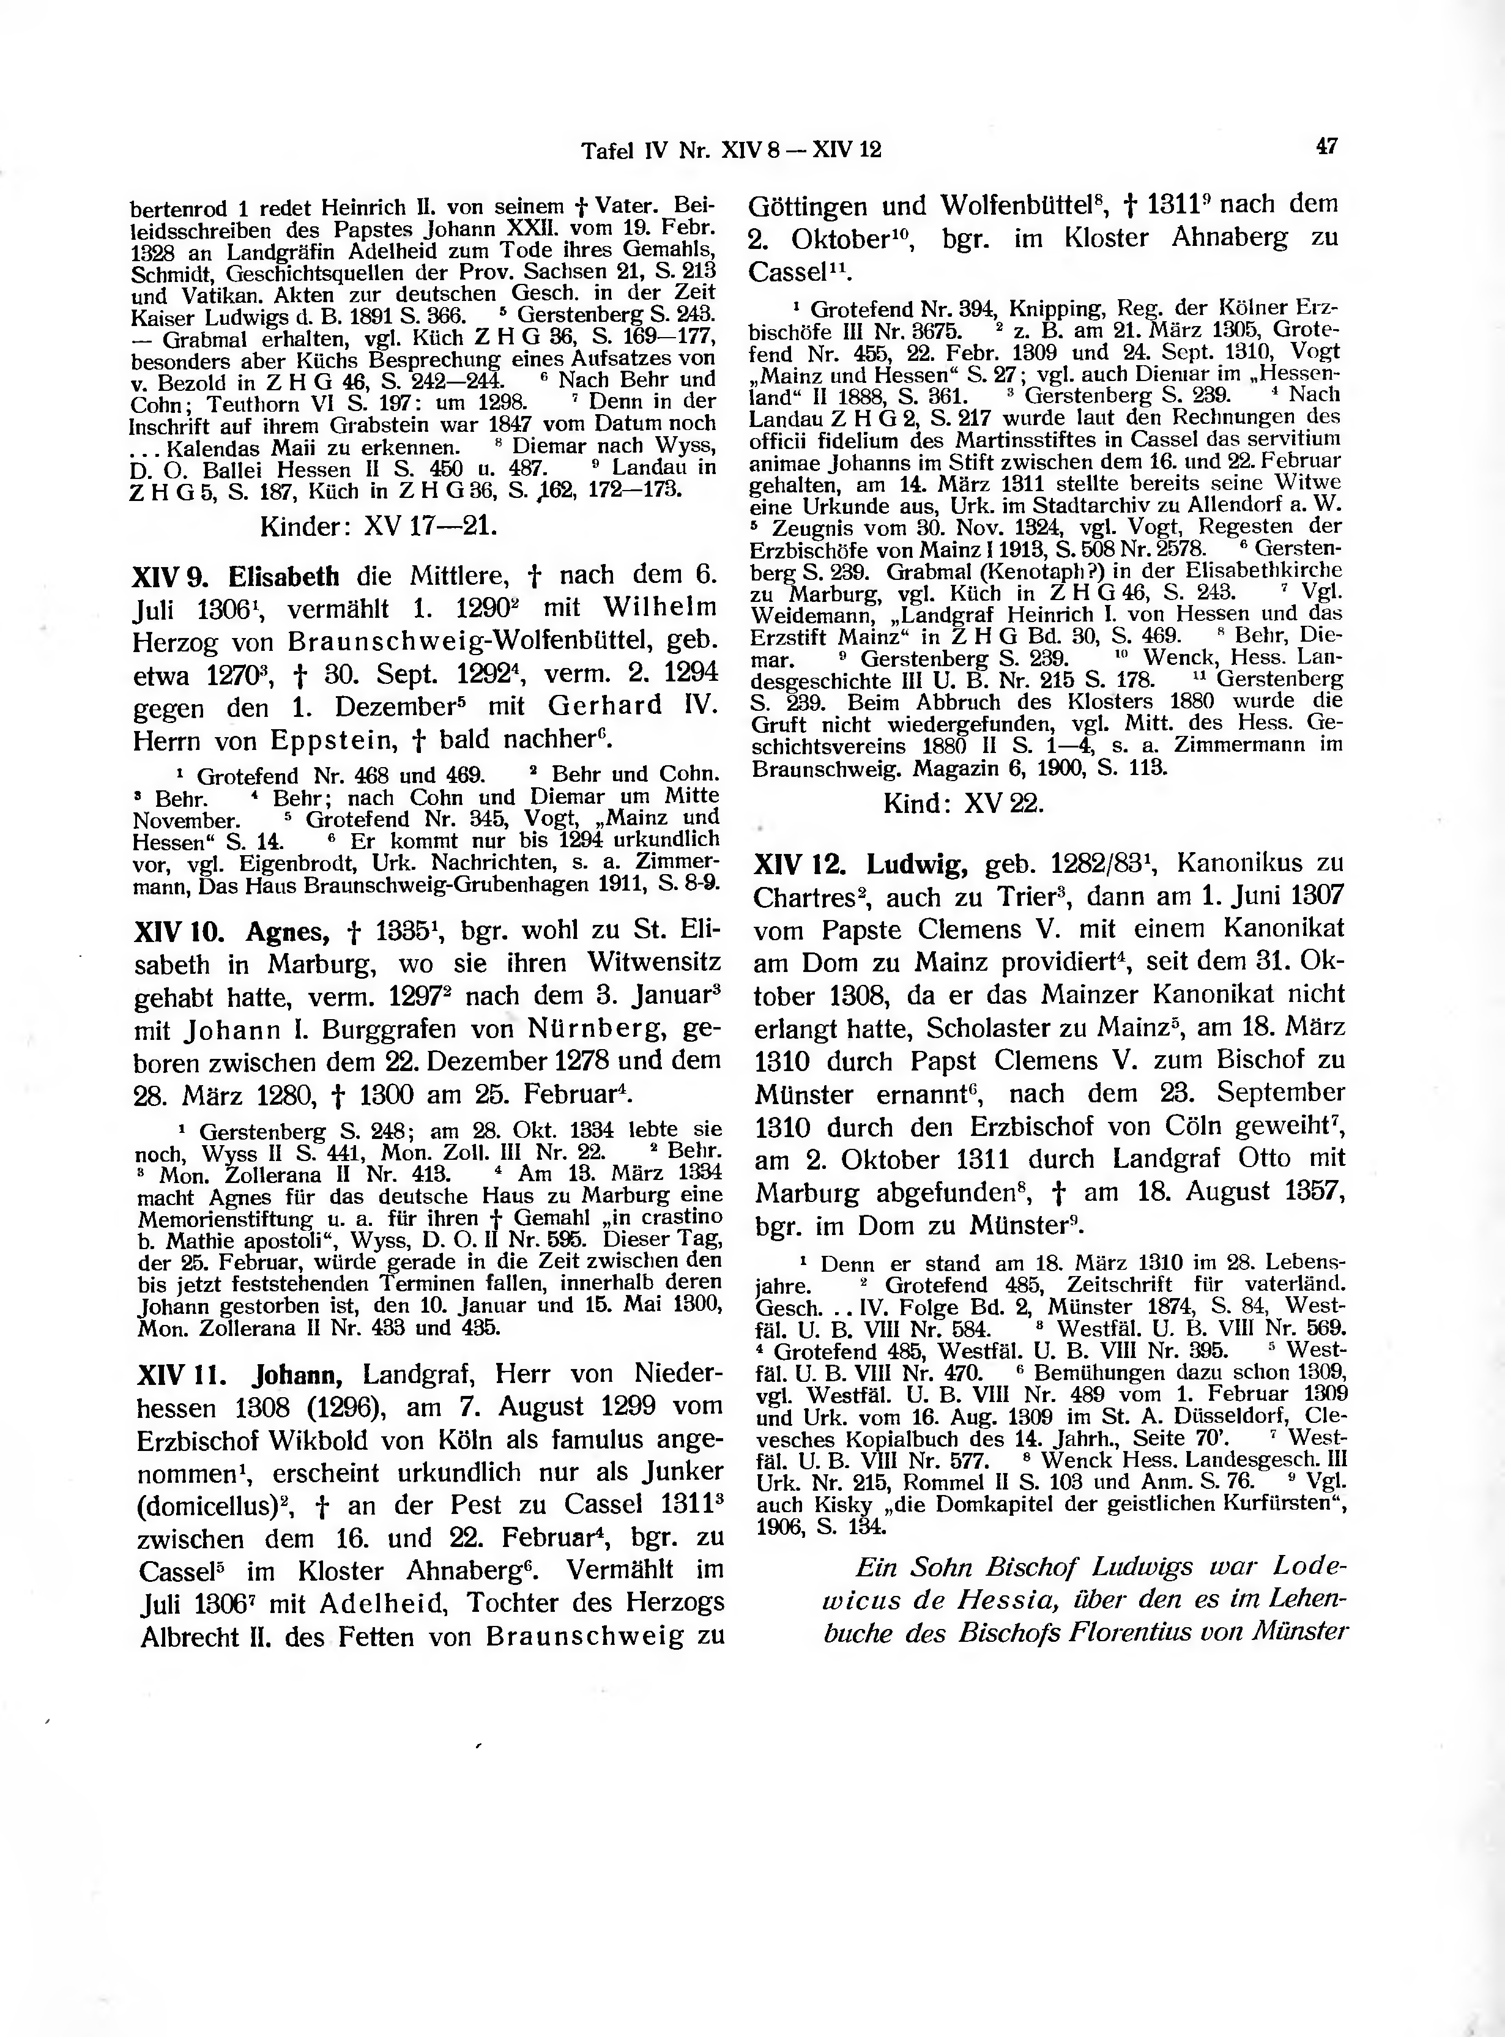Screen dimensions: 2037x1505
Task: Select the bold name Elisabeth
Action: (283, 577)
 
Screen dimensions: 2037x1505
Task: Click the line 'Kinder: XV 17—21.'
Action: (378, 527)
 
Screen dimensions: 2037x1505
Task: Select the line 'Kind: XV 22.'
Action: (964, 804)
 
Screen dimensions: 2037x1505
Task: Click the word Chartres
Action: (805, 898)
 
